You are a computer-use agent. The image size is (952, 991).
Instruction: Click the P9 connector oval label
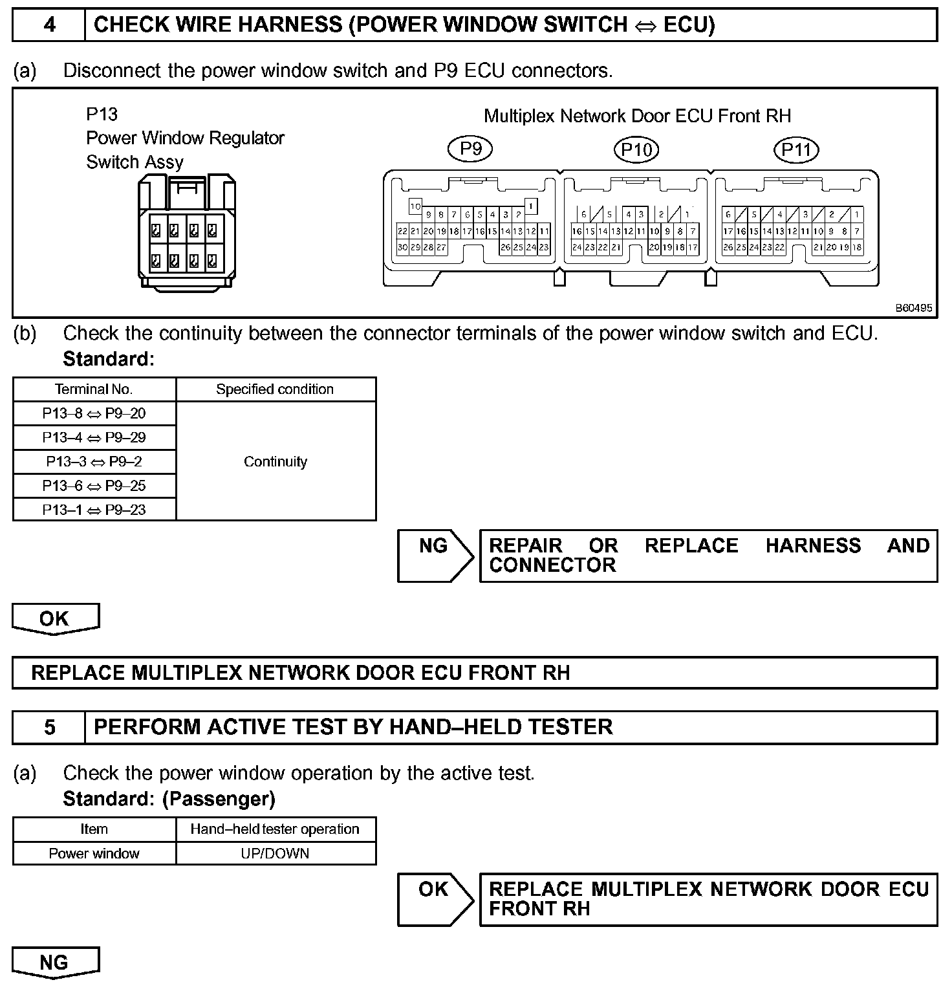(x=470, y=149)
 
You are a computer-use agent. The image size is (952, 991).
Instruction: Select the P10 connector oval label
(x=636, y=150)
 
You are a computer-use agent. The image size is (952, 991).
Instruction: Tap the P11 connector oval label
(x=795, y=150)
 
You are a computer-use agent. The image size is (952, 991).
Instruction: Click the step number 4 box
(x=49, y=25)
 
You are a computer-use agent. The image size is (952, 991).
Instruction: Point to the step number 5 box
(x=49, y=728)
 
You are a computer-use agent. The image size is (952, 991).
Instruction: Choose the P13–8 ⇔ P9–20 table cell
(x=94, y=413)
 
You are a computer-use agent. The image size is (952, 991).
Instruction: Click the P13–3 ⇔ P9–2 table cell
(x=94, y=462)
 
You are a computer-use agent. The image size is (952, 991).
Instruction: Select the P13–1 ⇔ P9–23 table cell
(x=94, y=510)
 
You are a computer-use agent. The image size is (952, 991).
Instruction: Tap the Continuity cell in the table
(x=276, y=462)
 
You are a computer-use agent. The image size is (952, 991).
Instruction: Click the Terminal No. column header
(x=94, y=389)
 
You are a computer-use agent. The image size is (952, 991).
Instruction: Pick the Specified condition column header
(x=276, y=389)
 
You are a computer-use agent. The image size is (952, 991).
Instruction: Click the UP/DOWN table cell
(x=276, y=854)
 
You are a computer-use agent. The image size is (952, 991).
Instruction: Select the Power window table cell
(x=94, y=854)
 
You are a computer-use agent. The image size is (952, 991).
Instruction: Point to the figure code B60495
(x=914, y=309)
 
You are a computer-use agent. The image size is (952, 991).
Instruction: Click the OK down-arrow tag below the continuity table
(x=55, y=619)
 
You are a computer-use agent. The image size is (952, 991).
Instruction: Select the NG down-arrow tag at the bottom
(x=55, y=963)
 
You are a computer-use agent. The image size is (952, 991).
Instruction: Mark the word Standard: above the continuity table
(x=109, y=359)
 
